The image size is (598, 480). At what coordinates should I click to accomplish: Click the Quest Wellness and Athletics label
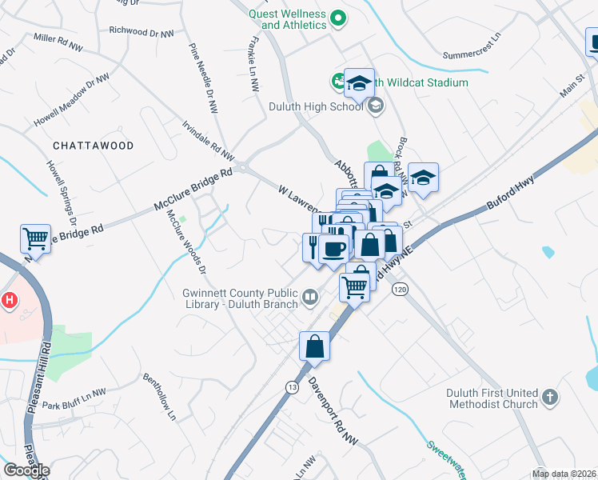pos(287,19)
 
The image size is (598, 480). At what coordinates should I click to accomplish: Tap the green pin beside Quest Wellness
pos(338,15)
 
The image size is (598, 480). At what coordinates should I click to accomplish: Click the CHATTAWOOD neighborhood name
pos(93,146)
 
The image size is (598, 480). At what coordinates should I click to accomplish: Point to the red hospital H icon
pos(9,301)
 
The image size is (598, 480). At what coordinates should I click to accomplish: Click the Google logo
pos(26,470)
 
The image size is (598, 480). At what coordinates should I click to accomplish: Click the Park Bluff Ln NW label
pos(74,398)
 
